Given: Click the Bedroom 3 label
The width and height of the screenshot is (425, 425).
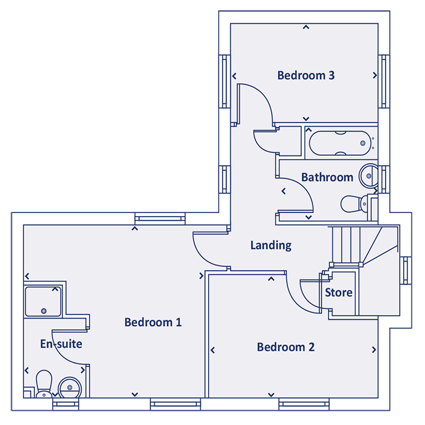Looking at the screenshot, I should (306, 76).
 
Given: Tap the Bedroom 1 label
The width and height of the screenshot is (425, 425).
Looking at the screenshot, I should (152, 322).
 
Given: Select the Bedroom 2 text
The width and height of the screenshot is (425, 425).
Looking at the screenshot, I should (285, 347).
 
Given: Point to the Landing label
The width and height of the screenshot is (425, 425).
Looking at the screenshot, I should (271, 246).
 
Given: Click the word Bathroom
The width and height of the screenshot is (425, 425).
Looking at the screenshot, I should (327, 178).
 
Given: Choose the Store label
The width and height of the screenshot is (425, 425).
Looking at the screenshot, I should (339, 293).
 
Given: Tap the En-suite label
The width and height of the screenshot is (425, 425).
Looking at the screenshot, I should (61, 344).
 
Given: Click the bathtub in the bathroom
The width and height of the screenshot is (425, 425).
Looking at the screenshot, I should (339, 143).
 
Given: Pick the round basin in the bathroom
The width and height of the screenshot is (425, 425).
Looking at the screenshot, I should (369, 177).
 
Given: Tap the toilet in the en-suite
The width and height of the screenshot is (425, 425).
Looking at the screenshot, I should (44, 384).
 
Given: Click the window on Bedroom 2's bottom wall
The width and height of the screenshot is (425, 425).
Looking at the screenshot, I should (304, 403).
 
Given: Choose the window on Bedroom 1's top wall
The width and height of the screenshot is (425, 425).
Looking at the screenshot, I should (160, 217).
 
